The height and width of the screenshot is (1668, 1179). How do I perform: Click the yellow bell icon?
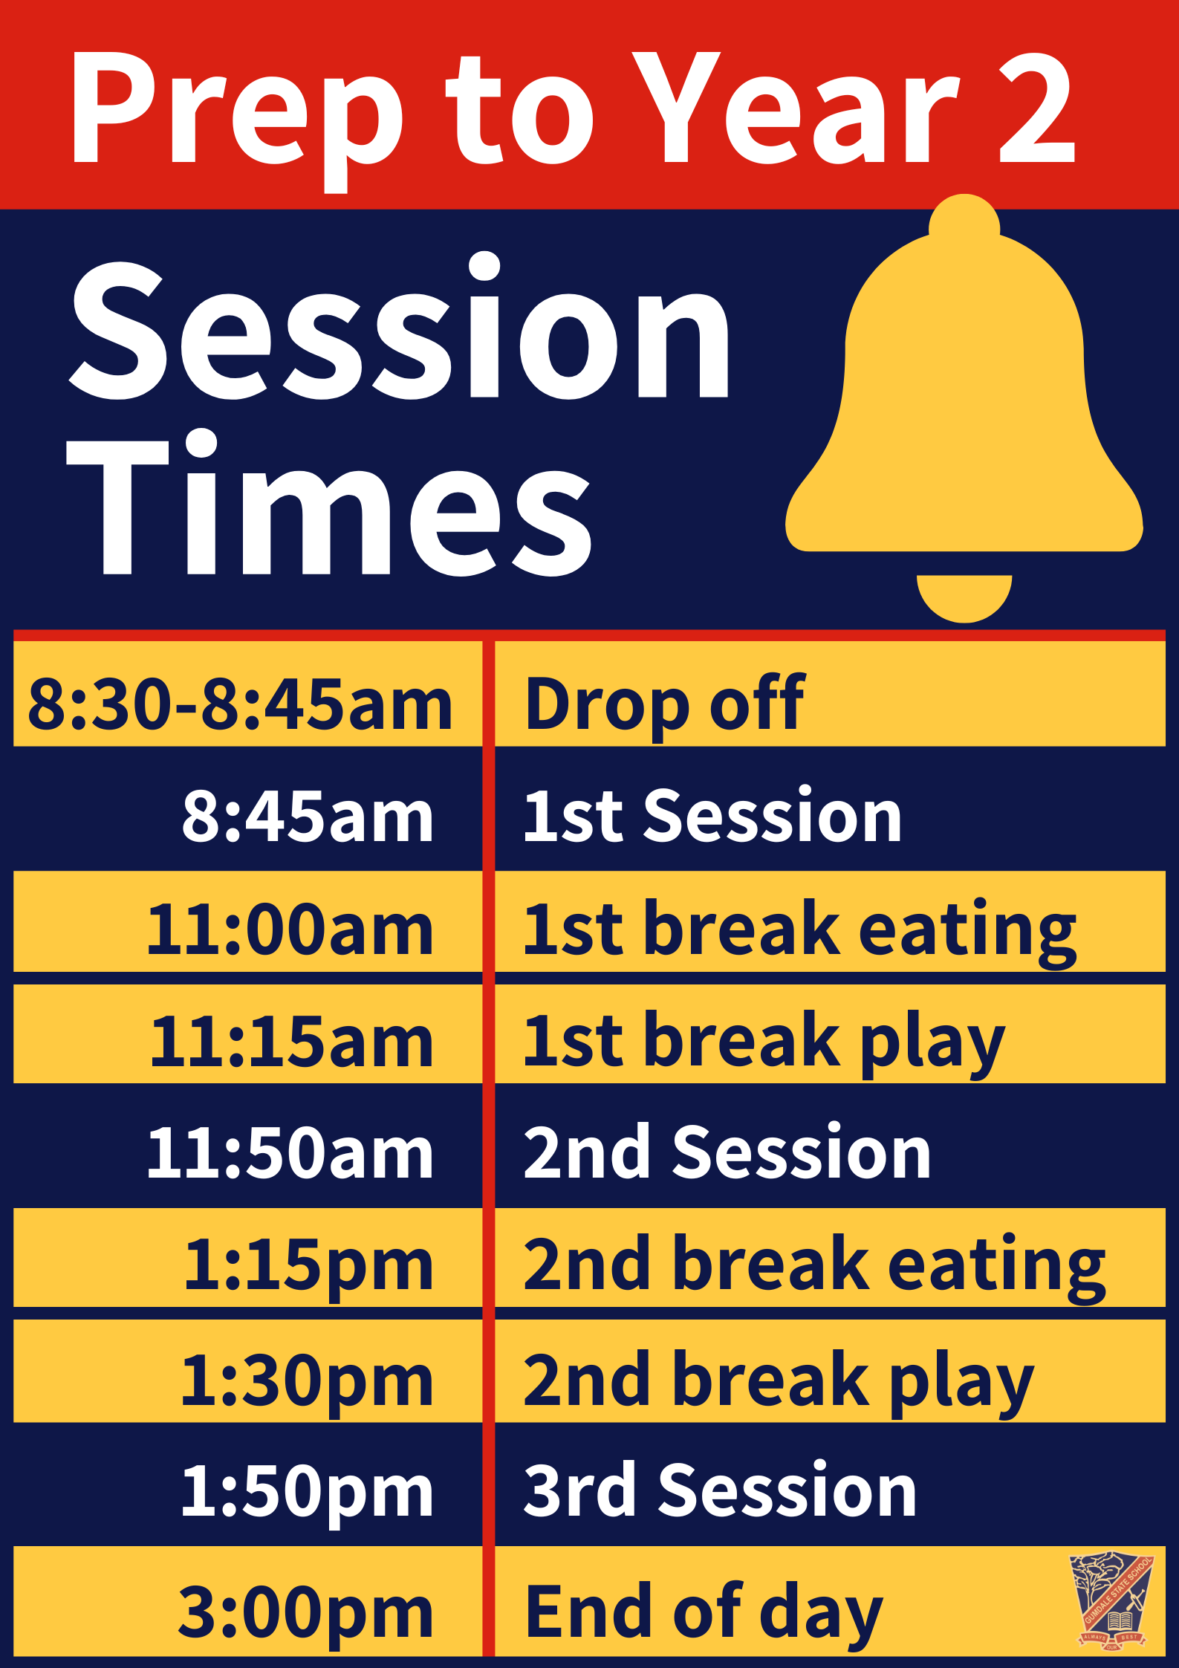(964, 409)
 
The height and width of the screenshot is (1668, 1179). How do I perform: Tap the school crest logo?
(1111, 1601)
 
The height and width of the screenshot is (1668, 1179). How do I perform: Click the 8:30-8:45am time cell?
(239, 704)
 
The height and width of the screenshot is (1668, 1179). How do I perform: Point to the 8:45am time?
(308, 816)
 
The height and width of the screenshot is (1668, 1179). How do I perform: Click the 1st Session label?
(712, 815)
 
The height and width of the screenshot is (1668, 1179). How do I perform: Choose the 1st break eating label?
(799, 932)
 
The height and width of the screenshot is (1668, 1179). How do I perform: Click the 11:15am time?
(291, 1041)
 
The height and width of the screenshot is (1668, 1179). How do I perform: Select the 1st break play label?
(764, 1044)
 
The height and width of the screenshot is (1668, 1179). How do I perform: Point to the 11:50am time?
(290, 1153)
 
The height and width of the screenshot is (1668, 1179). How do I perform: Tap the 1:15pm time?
(308, 1268)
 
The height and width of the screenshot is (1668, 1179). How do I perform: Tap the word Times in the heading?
(330, 503)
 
